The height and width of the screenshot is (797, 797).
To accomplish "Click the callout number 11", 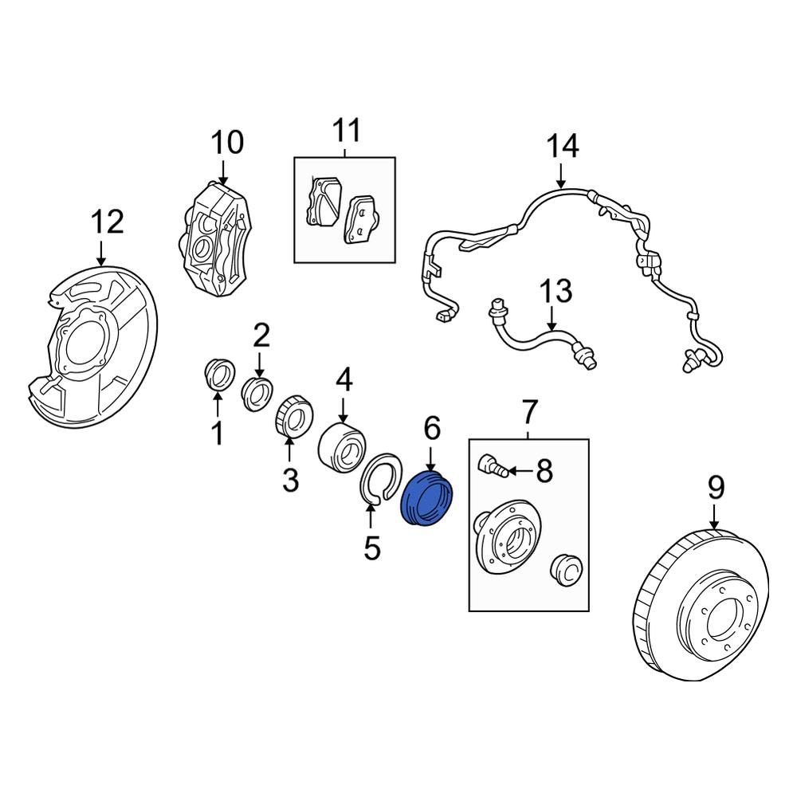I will [346, 130].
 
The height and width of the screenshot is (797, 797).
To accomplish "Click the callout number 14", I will [562, 147].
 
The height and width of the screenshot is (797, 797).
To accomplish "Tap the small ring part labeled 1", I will [217, 375].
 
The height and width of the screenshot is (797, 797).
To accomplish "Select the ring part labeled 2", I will [256, 394].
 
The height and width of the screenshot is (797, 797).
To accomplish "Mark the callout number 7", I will [529, 412].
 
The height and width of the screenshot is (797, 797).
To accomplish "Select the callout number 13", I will [556, 291].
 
